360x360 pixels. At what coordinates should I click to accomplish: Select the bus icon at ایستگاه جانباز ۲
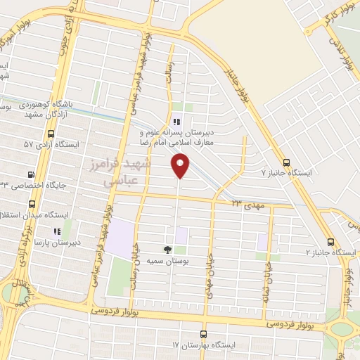tap(330, 240)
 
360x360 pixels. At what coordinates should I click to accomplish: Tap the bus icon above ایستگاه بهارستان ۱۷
tap(204, 334)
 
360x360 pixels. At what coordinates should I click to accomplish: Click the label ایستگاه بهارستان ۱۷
tap(203, 346)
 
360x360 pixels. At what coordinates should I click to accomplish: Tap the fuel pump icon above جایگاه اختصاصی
tap(30, 174)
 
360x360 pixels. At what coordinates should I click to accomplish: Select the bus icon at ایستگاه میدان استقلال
tap(32, 204)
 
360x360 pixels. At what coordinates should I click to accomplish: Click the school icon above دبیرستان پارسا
tap(57, 229)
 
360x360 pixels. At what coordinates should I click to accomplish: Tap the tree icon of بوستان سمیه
tap(167, 249)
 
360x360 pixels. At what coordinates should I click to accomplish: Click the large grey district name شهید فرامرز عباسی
tap(129, 172)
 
